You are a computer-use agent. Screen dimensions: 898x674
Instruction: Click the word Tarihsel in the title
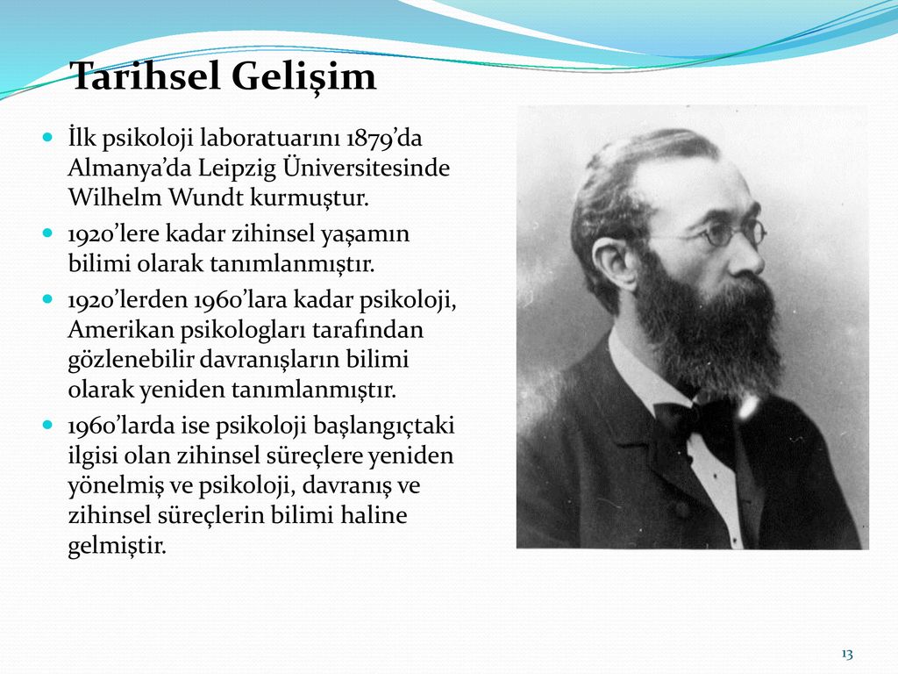coord(146,75)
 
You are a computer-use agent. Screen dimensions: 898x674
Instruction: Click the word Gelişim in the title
coord(304,77)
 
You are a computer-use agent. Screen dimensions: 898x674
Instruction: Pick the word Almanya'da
coord(130,169)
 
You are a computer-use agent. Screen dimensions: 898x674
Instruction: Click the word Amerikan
coord(120,330)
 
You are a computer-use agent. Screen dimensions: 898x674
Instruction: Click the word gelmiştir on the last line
coord(117,545)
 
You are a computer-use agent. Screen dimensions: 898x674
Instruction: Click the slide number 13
coord(847,654)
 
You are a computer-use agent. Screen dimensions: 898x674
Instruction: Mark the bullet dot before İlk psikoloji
coord(47,138)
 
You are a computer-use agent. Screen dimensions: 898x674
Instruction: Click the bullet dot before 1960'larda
coord(47,426)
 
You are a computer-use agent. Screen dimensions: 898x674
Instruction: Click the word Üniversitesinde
coord(366,168)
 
